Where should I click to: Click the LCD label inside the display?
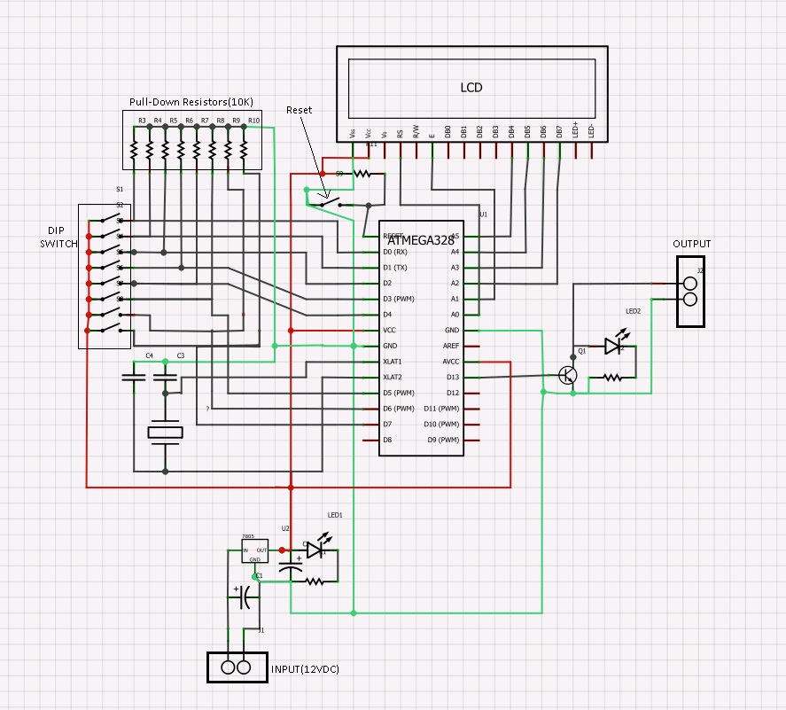[x=471, y=87]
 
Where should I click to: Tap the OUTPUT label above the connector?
[x=691, y=244]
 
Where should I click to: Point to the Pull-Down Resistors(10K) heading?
[x=191, y=102]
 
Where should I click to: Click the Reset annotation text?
[x=299, y=110]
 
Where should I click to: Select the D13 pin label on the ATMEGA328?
[x=453, y=377]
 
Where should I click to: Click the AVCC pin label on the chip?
[x=450, y=362]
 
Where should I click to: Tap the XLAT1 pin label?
[x=392, y=362]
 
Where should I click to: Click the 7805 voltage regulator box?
[x=254, y=550]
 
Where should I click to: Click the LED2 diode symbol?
[x=612, y=346]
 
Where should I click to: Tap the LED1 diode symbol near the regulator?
[x=315, y=550]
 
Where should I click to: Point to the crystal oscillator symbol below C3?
[x=164, y=432]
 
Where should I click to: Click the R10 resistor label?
[x=253, y=121]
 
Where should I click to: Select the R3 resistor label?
[x=142, y=121]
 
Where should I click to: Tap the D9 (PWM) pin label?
[x=442, y=440]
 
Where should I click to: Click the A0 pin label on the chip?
[x=455, y=315]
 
